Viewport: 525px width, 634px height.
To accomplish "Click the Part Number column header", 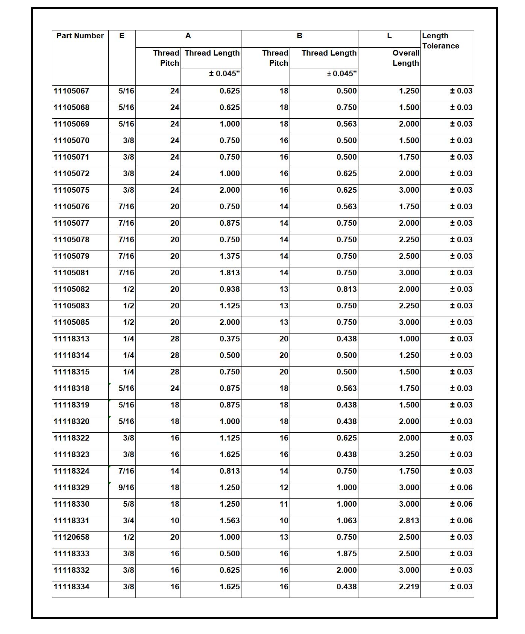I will click(80, 36).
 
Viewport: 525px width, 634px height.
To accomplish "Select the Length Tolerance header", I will click(440, 41).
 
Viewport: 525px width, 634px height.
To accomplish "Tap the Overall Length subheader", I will click(405, 58).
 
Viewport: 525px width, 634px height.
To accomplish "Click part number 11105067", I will click(71, 91).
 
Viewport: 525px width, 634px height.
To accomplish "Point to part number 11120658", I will click(71, 537).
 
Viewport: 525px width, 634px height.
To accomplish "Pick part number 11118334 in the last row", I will click(71, 587).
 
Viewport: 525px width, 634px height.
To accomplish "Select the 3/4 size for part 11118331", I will click(128, 521).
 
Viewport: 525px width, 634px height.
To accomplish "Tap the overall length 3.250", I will click(409, 454).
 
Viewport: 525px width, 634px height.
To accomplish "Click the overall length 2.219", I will click(409, 587).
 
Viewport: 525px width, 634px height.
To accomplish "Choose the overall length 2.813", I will click(409, 521).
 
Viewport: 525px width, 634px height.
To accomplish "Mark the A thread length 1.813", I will click(229, 273).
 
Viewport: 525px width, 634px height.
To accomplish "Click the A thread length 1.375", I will click(229, 256).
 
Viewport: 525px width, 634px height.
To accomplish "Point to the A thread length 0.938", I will click(229, 289).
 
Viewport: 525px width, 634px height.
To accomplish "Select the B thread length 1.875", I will click(346, 554).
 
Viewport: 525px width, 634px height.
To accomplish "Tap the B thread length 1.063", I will click(346, 521).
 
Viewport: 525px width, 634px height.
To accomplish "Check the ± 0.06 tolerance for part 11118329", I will click(461, 488).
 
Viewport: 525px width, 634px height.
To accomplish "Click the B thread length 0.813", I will click(346, 289).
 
